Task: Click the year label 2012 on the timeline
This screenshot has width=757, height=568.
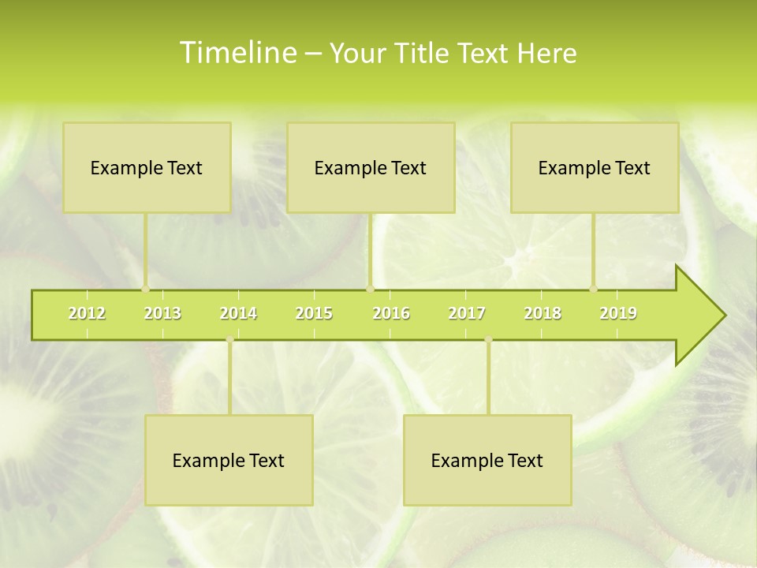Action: pyautogui.click(x=87, y=313)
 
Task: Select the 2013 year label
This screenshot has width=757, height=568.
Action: pyautogui.click(x=162, y=313)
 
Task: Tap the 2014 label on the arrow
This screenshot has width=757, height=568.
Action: pyautogui.click(x=238, y=313)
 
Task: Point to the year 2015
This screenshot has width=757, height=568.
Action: pyautogui.click(x=314, y=313)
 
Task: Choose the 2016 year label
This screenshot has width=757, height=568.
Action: pyautogui.click(x=391, y=313)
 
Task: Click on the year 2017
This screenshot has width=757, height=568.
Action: pyautogui.click(x=467, y=313)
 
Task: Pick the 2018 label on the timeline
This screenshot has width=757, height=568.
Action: pyautogui.click(x=543, y=313)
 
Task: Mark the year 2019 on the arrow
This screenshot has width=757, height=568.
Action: pyautogui.click(x=618, y=313)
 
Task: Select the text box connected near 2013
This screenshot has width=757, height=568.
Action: pyautogui.click(x=147, y=167)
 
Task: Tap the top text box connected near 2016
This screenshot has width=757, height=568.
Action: pyautogui.click(x=371, y=167)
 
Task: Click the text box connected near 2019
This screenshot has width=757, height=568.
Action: pyautogui.click(x=595, y=167)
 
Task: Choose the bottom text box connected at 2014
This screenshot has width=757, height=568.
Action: pyautogui.click(x=229, y=460)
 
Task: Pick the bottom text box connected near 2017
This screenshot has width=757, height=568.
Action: pyautogui.click(x=487, y=460)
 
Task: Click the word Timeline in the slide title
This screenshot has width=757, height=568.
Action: pyautogui.click(x=237, y=53)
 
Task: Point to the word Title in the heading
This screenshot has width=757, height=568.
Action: pyautogui.click(x=426, y=53)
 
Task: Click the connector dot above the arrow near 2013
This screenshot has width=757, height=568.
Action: pyautogui.click(x=145, y=289)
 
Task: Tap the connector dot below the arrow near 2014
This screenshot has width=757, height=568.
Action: pyautogui.click(x=229, y=340)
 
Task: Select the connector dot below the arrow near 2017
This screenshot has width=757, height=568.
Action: pyautogui.click(x=488, y=340)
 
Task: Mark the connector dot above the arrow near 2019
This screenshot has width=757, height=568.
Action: pyautogui.click(x=593, y=289)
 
